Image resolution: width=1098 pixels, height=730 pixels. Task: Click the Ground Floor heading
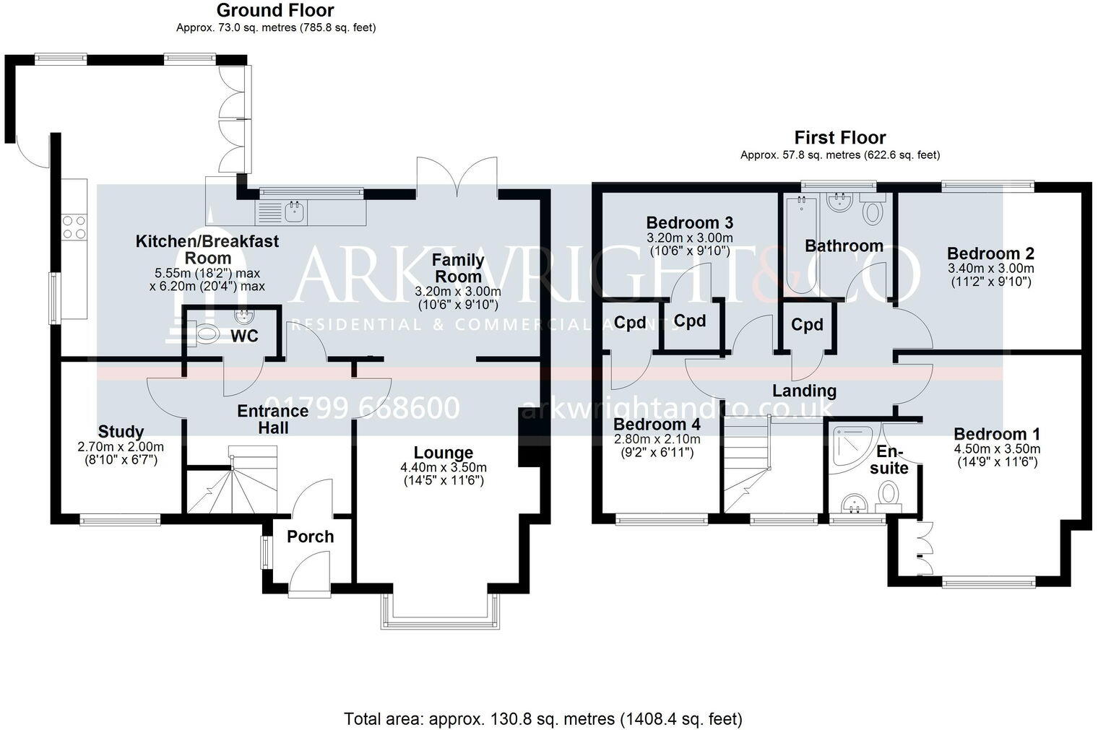click(x=275, y=10)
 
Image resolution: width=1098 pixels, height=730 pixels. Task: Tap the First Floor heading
click(x=840, y=138)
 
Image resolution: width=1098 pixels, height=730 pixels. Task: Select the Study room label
click(x=121, y=432)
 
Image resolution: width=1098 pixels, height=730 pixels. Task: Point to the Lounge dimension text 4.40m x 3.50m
click(x=444, y=467)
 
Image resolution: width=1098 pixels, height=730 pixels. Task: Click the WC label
click(x=245, y=336)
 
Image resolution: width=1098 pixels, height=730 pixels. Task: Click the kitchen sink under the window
click(x=295, y=212)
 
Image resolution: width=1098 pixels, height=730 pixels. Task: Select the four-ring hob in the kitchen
click(x=74, y=227)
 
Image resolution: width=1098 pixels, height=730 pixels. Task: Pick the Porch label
click(x=311, y=537)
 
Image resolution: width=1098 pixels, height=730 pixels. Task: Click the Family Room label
click(x=458, y=268)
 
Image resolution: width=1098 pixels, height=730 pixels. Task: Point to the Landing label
click(x=805, y=391)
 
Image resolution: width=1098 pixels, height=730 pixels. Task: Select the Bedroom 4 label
click(x=657, y=425)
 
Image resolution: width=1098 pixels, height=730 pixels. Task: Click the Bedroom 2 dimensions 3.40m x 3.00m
click(x=990, y=269)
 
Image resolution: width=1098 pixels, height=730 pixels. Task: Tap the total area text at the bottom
click(x=543, y=718)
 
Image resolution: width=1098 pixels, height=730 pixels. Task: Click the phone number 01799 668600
click(x=362, y=408)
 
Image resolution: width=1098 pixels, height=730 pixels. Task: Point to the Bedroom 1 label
click(x=997, y=434)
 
